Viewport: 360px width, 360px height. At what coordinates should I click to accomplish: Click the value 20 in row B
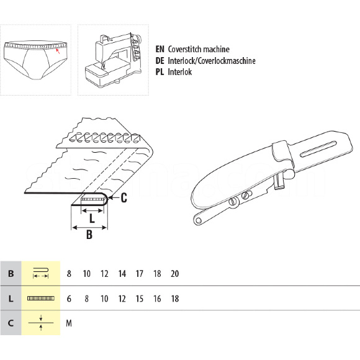click(174, 274)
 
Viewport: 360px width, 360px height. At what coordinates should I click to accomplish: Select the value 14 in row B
click(122, 274)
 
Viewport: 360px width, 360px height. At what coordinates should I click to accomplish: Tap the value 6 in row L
click(69, 299)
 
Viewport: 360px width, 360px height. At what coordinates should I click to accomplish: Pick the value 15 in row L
click(140, 299)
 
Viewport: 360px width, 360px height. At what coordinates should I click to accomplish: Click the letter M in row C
click(69, 323)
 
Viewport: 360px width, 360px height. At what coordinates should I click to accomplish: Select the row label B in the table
click(11, 274)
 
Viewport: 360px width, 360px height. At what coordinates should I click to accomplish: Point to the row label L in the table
click(11, 299)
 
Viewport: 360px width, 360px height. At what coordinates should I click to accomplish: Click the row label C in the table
click(11, 323)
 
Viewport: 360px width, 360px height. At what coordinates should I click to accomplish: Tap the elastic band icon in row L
click(41, 299)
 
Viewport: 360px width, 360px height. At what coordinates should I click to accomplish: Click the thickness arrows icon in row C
click(41, 323)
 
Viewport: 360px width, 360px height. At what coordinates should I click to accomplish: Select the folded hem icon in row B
click(41, 273)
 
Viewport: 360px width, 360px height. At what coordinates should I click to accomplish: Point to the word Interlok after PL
click(180, 72)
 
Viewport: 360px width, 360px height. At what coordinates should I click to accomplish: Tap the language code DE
click(160, 61)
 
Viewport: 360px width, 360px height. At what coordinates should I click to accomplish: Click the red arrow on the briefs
click(58, 51)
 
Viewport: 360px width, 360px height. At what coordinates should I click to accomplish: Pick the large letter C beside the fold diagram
click(124, 197)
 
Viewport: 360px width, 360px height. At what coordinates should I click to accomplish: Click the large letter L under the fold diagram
click(92, 218)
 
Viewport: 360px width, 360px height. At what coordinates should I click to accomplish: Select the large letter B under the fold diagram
click(89, 235)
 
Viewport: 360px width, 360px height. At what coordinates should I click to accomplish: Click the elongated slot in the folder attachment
click(318, 150)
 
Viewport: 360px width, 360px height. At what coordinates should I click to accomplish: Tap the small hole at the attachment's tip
click(199, 221)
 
